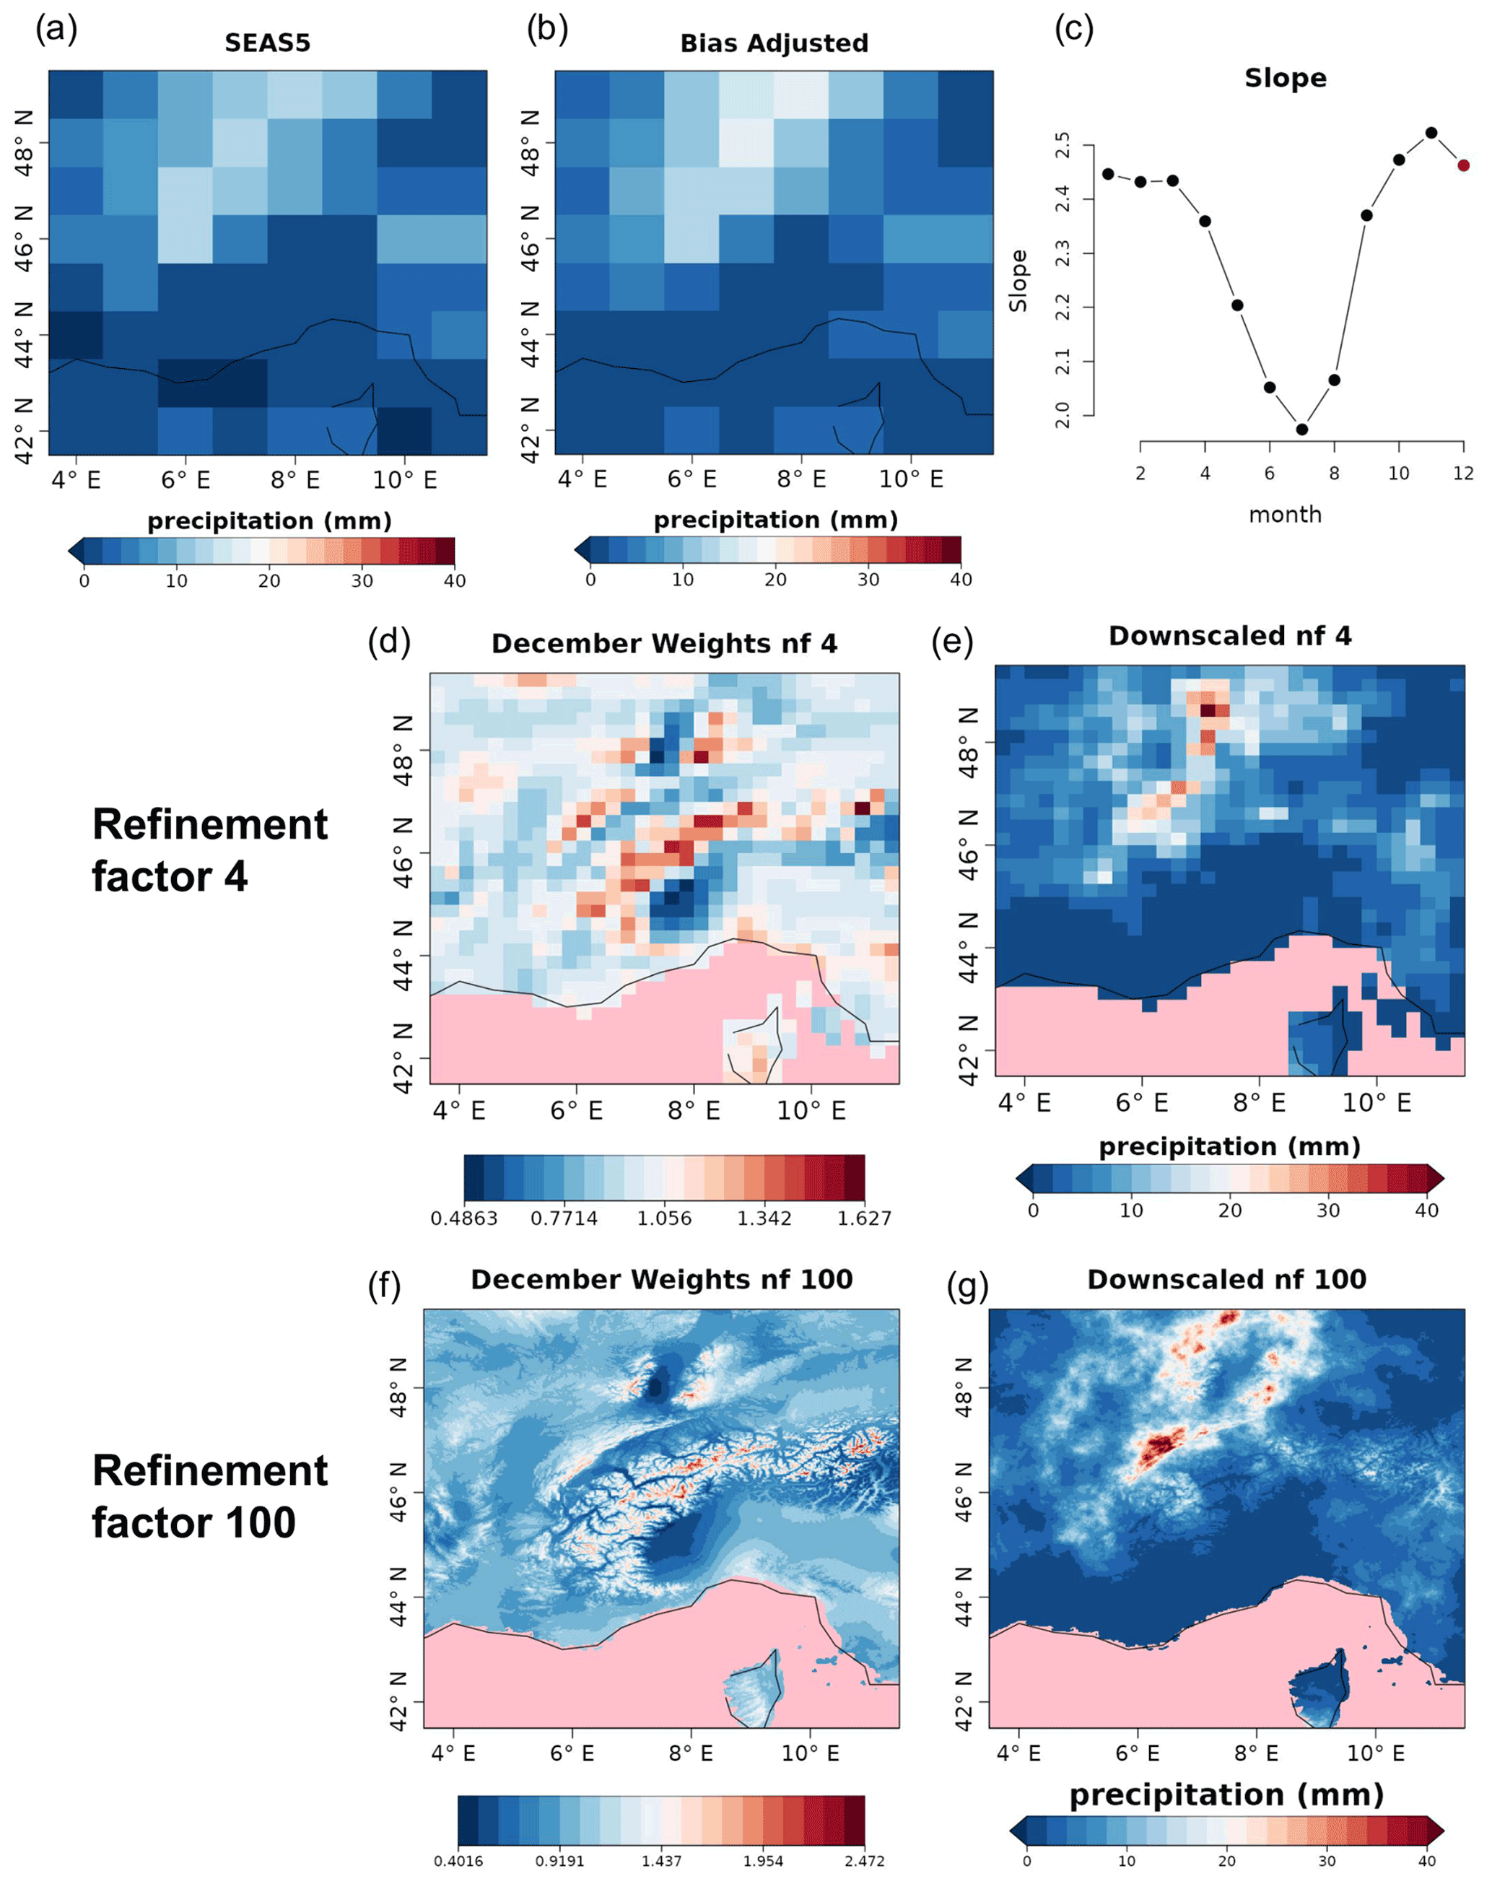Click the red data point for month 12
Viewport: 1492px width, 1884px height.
pyautogui.click(x=1464, y=165)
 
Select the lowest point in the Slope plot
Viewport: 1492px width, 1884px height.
pyautogui.click(x=1301, y=429)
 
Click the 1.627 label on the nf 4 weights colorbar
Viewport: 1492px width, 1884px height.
pyautogui.click(x=863, y=1218)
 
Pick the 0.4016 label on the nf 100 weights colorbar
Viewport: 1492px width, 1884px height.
pyautogui.click(x=458, y=1860)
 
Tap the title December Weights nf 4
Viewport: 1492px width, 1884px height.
pyautogui.click(x=664, y=644)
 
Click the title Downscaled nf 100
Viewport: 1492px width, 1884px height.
pyautogui.click(x=1226, y=1280)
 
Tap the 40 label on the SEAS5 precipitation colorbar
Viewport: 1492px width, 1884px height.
pyautogui.click(x=454, y=581)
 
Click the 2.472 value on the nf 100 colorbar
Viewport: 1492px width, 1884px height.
pyautogui.click(x=863, y=1860)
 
